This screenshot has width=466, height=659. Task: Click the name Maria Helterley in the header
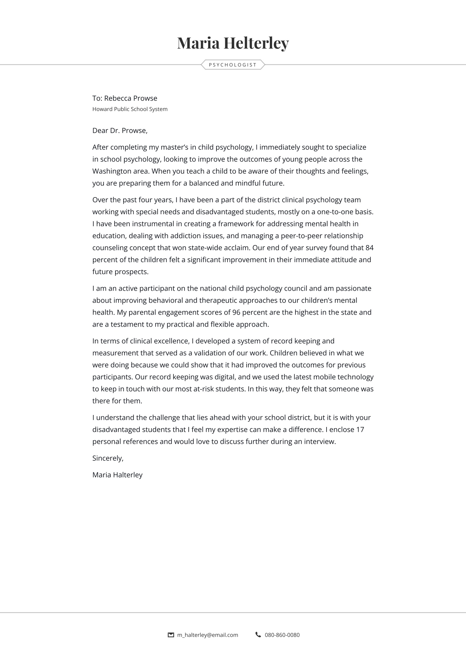233,43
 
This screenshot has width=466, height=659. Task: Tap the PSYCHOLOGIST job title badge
233,65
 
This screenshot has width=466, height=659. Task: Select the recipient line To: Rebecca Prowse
125,98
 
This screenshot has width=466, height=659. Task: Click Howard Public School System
130,109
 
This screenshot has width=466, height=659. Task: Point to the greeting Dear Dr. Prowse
120,131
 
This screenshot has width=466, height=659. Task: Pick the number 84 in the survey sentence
369,248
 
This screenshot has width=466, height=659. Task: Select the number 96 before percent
236,313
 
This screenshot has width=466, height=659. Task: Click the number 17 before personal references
360,430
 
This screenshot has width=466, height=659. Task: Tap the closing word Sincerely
108,458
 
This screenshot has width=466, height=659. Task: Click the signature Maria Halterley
117,475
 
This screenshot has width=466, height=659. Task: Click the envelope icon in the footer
171,635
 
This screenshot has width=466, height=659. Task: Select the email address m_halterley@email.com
207,635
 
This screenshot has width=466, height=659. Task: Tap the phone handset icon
258,635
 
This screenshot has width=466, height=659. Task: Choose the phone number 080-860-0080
282,635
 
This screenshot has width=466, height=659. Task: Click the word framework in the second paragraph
236,224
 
